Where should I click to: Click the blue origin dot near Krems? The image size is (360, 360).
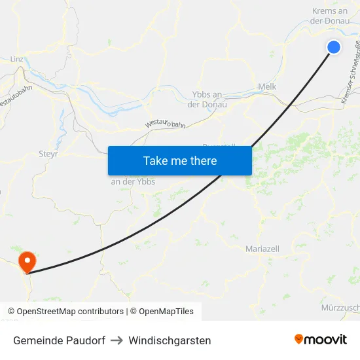[x=333, y=47]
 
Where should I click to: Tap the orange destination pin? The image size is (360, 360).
[x=27, y=262]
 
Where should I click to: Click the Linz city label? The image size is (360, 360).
[x=17, y=59]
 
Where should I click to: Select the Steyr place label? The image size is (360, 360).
[x=48, y=155]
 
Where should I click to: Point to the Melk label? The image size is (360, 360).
[x=267, y=86]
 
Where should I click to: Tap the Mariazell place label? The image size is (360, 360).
[x=262, y=249]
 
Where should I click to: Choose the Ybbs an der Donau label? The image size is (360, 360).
[x=207, y=99]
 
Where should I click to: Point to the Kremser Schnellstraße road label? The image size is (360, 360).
[x=351, y=72]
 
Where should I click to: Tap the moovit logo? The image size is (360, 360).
[x=321, y=340]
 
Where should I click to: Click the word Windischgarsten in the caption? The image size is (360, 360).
[x=170, y=340]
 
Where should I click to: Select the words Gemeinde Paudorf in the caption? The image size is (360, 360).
[x=59, y=340]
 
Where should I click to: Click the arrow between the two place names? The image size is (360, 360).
[x=117, y=340]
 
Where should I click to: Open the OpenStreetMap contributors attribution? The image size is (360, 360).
[x=70, y=312]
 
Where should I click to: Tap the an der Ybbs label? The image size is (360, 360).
[x=133, y=181]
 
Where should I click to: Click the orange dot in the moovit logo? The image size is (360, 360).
[x=299, y=339]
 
